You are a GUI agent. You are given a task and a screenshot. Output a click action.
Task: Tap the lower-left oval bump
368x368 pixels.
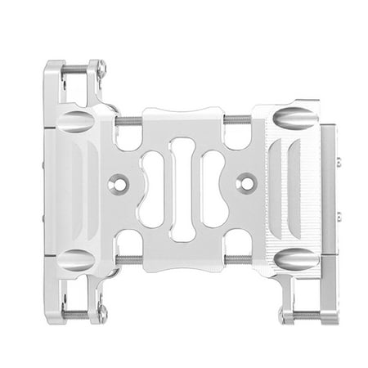(75, 260)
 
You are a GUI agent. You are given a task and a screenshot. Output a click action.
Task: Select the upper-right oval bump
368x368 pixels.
(294, 119)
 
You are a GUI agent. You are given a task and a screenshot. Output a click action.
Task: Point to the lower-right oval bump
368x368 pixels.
(294, 260)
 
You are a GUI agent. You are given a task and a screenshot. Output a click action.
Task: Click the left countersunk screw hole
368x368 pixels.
(120, 184)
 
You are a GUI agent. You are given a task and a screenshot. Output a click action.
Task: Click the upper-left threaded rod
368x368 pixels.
(128, 121)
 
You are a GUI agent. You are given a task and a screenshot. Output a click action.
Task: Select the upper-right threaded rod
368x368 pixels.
(238, 119)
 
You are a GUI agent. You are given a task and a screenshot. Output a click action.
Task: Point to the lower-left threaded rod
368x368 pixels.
(128, 260)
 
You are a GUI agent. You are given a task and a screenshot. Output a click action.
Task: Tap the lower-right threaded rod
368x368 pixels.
(238, 260)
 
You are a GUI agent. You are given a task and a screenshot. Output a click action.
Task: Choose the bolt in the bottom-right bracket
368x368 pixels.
(304, 316)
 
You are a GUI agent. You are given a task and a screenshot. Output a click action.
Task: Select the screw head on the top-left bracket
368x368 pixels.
(101, 72)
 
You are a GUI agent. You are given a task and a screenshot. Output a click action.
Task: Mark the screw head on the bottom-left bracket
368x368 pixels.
(101, 311)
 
